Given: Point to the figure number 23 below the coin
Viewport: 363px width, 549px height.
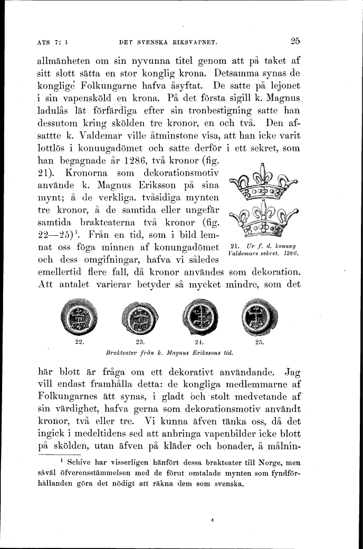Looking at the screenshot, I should (140, 342).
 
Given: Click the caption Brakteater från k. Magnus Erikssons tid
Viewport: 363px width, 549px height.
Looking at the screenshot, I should (169, 351).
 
